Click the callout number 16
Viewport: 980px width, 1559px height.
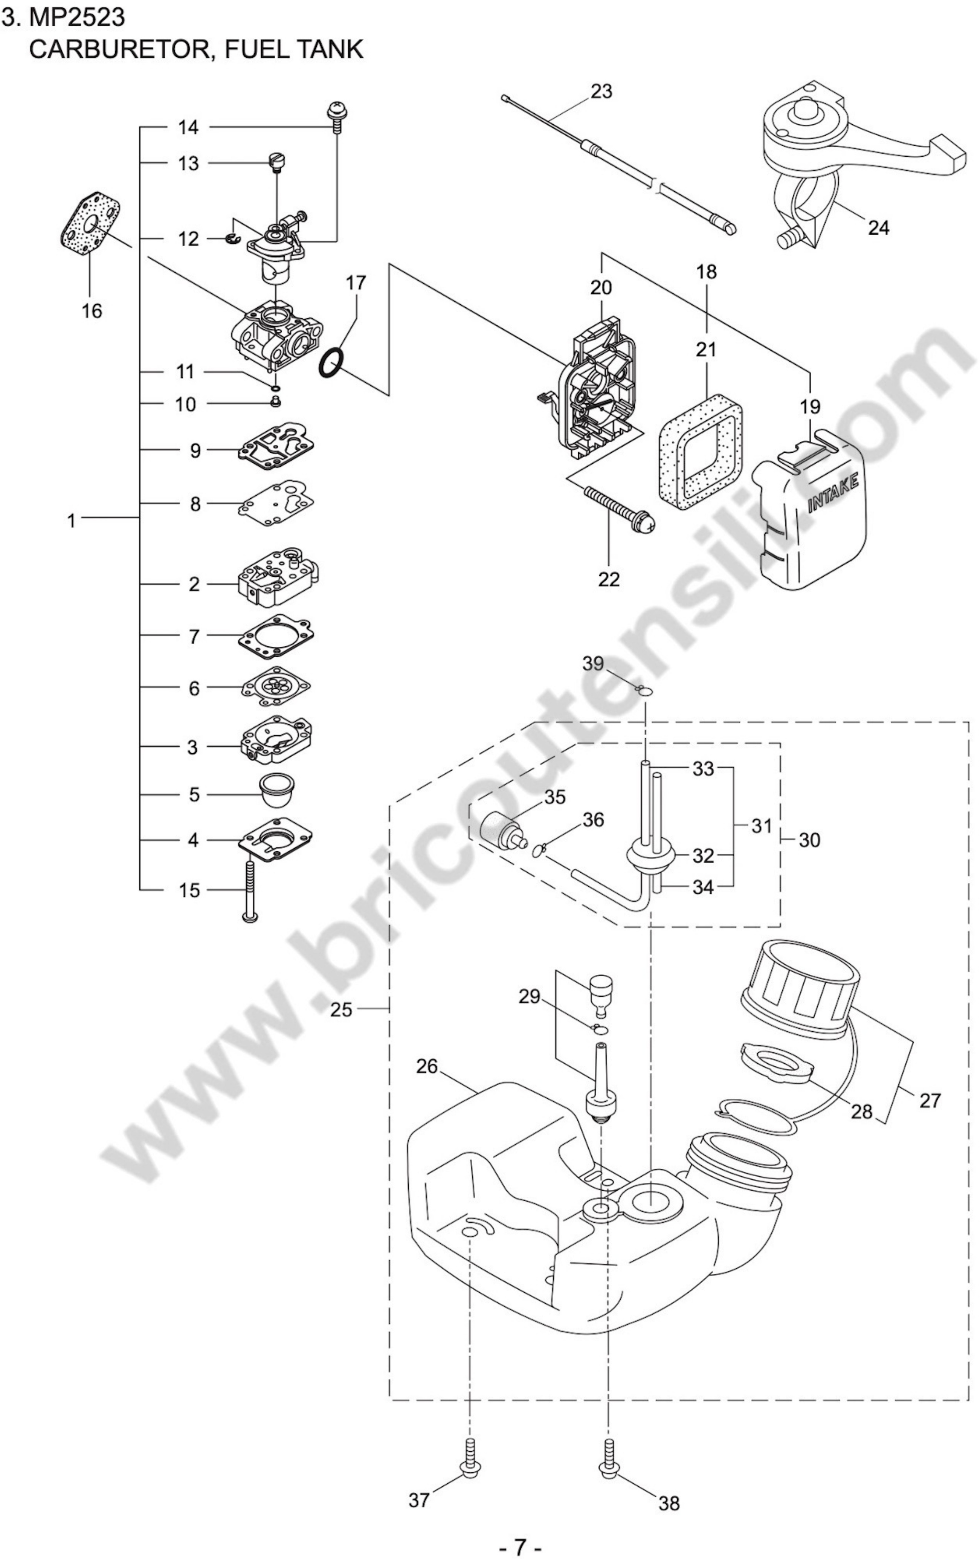[92, 311]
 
